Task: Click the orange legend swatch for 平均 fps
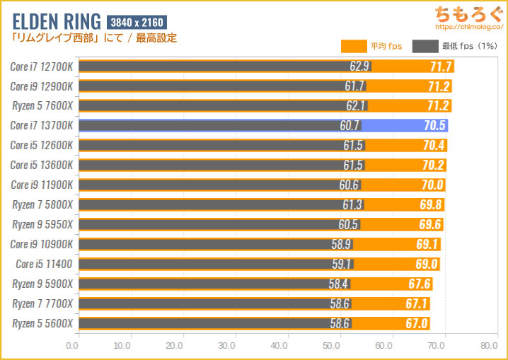353,47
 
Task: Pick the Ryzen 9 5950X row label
42,225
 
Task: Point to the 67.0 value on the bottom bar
417,324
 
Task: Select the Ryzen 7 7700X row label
42,304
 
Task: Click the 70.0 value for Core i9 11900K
432,185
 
